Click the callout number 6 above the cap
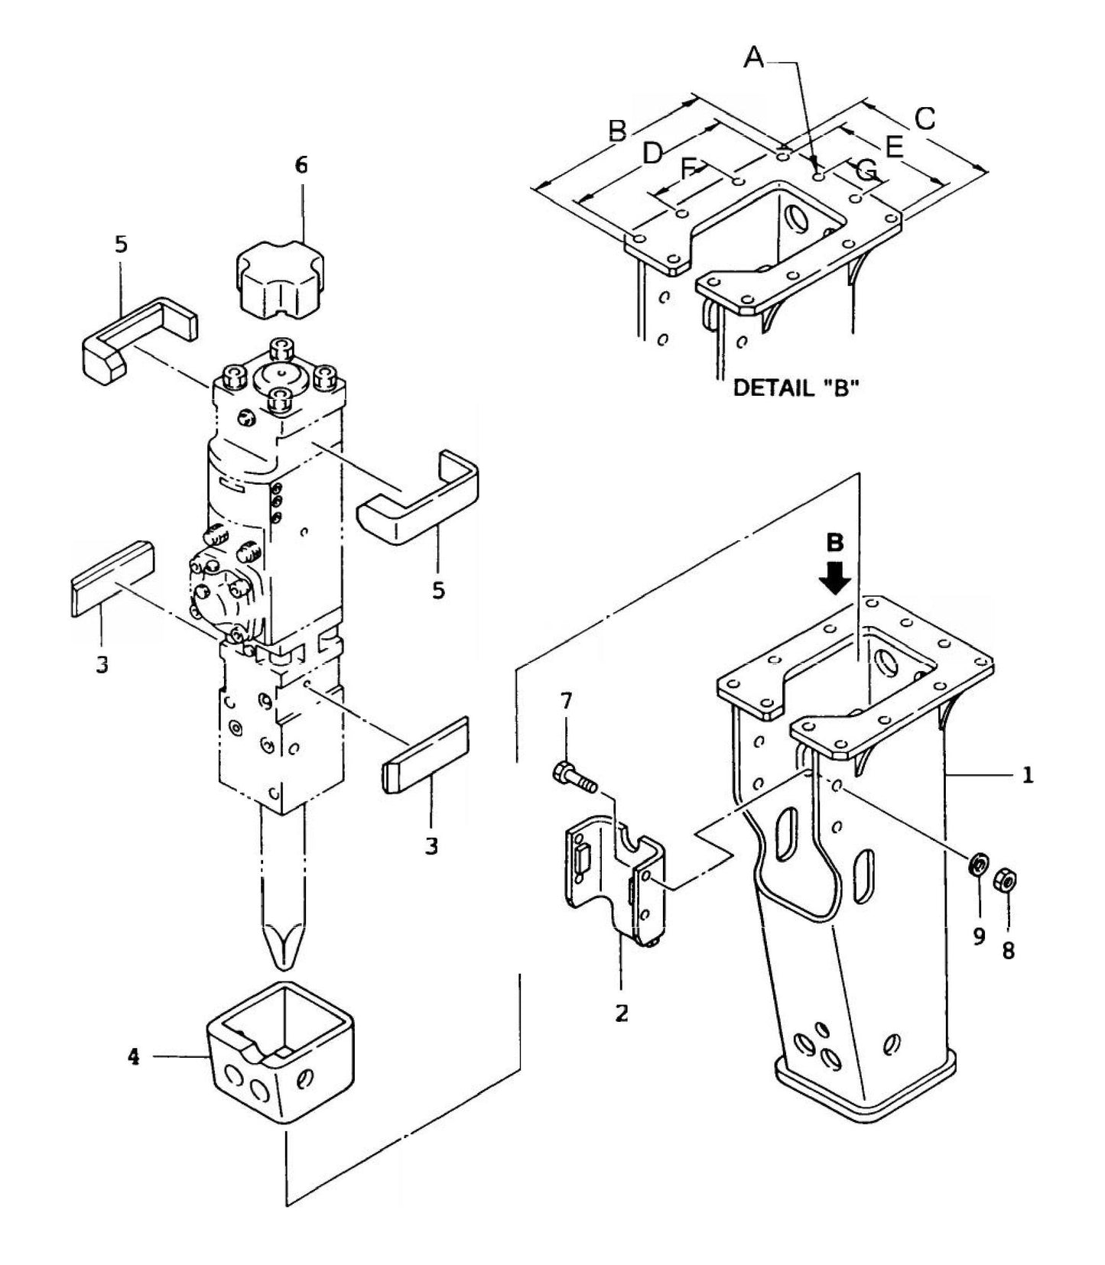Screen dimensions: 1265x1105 pos(301,165)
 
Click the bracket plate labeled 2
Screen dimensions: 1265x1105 pos(612,879)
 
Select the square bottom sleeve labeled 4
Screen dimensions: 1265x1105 pos(281,1051)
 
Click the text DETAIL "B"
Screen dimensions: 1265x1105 pos(796,388)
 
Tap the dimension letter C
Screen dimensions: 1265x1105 pos(925,119)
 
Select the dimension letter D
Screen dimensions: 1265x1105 pos(652,154)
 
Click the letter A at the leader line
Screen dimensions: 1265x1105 pos(755,57)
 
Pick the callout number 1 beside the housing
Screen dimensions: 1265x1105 pos(1028,775)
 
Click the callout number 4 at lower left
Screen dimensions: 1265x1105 pos(134,1057)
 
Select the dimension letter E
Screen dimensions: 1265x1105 pos(893,146)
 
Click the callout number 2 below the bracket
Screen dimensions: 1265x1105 pos(622,1014)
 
